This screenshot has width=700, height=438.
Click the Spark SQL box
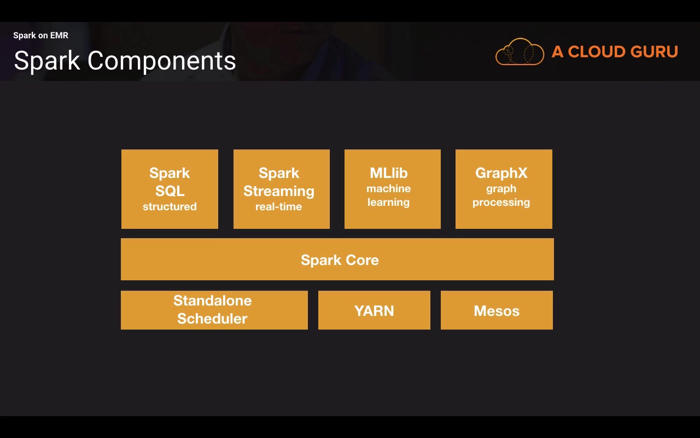pyautogui.click(x=170, y=189)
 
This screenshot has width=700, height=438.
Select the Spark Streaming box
pyautogui.click(x=281, y=189)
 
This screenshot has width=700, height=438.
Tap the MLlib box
pyautogui.click(x=392, y=189)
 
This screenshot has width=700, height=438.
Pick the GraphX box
pyautogui.click(x=504, y=189)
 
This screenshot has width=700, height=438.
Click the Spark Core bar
pyautogui.click(x=337, y=259)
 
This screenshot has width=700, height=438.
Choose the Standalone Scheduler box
pyautogui.click(x=214, y=310)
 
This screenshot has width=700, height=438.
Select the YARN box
pyautogui.click(x=374, y=310)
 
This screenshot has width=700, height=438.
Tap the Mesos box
pyautogui.click(x=497, y=310)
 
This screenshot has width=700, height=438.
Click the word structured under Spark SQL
pyautogui.click(x=170, y=207)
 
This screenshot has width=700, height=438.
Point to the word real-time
pyautogui.click(x=279, y=207)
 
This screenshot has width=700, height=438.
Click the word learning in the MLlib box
pyautogui.click(x=388, y=203)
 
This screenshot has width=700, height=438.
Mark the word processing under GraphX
pyautogui.click(x=501, y=203)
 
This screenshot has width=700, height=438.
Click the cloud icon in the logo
pyautogui.click(x=520, y=52)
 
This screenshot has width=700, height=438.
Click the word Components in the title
pyautogui.click(x=162, y=61)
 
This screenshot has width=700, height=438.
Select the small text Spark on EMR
pyautogui.click(x=40, y=36)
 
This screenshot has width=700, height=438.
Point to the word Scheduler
pyautogui.click(x=212, y=319)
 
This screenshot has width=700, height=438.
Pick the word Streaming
pyautogui.click(x=279, y=191)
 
